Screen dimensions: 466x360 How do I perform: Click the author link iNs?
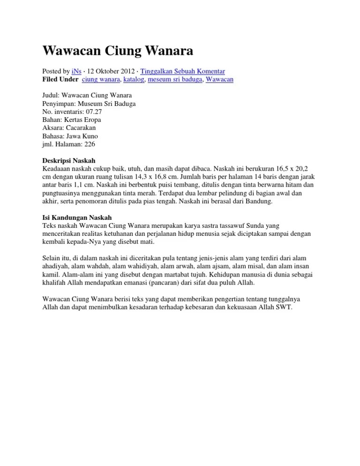point(76,71)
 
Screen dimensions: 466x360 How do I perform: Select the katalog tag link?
point(134,80)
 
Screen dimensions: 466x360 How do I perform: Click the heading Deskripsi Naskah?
point(69,160)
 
